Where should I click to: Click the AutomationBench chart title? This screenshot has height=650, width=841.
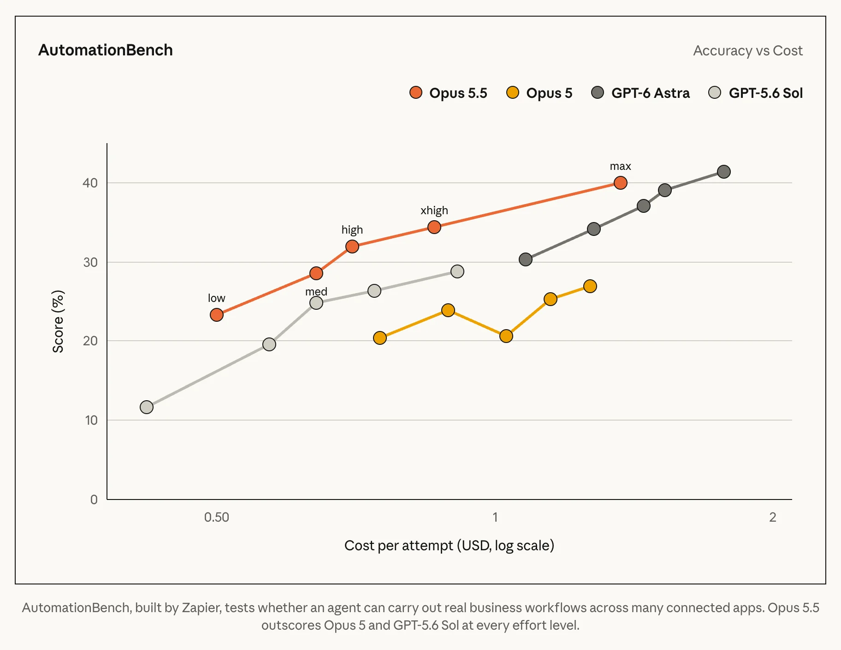106,50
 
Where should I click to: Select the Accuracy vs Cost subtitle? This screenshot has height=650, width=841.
748,50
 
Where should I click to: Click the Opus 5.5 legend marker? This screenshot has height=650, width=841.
416,92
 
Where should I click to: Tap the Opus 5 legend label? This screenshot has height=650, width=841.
549,93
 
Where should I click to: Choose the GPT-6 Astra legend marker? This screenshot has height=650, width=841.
598,92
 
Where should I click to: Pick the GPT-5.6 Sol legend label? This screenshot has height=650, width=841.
765,93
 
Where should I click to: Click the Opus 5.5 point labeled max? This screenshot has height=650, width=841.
621,183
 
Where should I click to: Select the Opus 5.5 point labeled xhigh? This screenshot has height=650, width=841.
434,227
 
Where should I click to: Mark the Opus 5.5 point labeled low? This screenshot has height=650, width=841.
217,315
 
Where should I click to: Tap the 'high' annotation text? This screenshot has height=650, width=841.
352,230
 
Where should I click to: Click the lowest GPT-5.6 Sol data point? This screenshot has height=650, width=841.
147,407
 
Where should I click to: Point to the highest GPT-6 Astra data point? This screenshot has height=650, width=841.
724,172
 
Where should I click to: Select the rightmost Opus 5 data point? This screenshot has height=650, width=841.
590,286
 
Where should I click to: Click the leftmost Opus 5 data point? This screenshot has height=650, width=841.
380,338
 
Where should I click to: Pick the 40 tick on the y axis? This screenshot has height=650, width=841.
90,183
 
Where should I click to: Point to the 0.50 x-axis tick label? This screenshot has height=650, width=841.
217,517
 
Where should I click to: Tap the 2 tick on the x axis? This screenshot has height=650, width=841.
773,517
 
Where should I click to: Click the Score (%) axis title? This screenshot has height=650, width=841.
58,321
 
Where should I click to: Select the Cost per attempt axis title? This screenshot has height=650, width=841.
449,546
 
